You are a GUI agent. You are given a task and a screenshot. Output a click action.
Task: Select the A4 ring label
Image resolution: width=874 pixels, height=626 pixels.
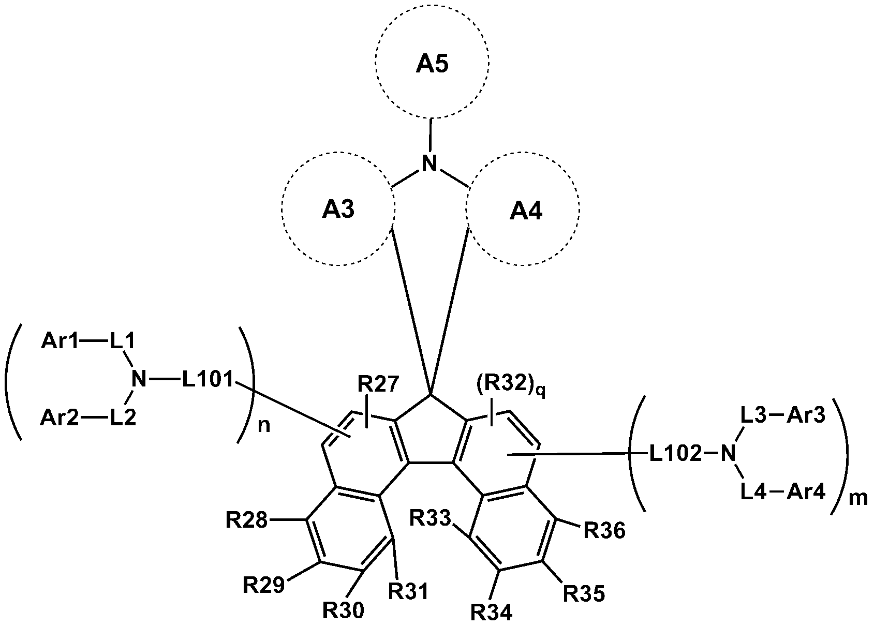tap(526, 211)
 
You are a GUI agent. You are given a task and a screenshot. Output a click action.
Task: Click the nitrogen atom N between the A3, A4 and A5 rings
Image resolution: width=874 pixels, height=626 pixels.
tap(429, 164)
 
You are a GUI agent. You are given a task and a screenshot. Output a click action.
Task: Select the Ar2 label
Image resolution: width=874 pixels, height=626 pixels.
tap(60, 418)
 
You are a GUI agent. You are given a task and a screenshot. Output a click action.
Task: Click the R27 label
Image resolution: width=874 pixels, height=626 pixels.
tap(378, 385)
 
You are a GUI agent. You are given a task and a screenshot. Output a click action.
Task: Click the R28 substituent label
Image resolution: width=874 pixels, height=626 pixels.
tap(246, 519)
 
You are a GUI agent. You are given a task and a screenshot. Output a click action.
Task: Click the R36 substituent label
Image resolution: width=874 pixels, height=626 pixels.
tap(604, 530)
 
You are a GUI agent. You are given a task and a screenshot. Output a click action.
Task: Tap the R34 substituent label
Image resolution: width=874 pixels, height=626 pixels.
tap(491, 613)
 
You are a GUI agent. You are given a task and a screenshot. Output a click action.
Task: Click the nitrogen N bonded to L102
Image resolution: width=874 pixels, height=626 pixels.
tap(728, 454)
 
